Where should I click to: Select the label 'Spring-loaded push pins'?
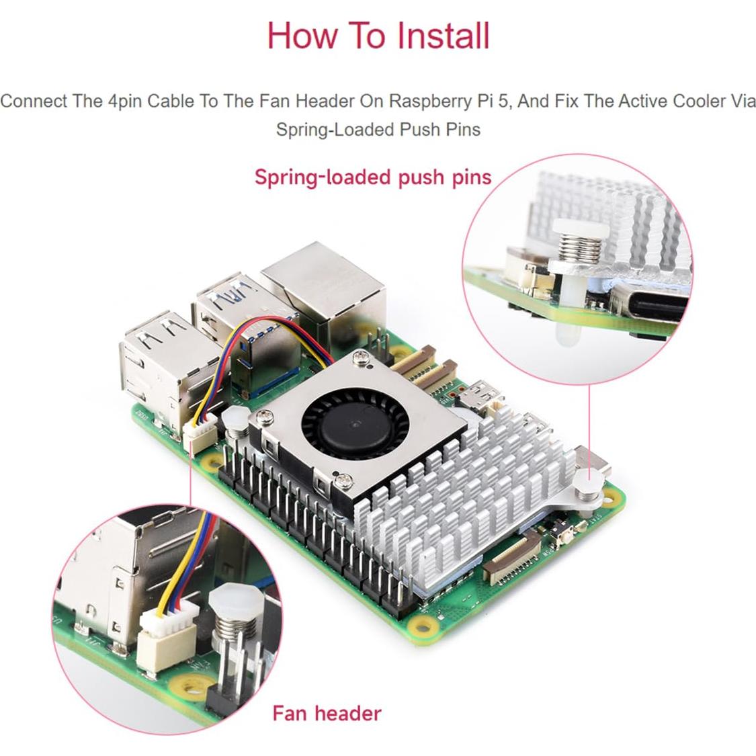coord(373,177)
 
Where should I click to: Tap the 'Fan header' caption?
coord(327,713)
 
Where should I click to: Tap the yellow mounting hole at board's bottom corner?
coord(423,628)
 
